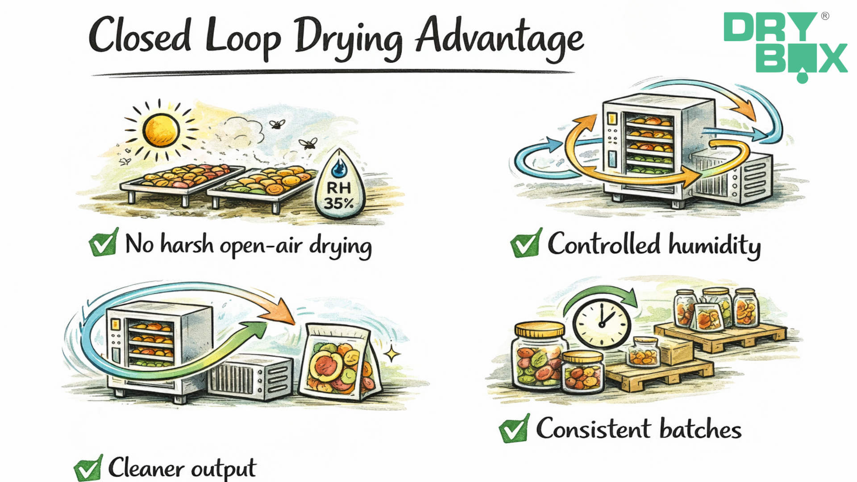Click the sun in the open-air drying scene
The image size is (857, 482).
(x=161, y=130)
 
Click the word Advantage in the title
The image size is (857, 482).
(x=499, y=38)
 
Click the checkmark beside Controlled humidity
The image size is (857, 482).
(x=526, y=244)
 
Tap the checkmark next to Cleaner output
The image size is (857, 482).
(x=88, y=468)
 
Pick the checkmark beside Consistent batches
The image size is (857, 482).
(x=514, y=429)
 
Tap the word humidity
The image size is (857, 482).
(x=714, y=245)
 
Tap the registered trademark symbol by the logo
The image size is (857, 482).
(x=825, y=16)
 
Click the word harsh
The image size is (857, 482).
(x=187, y=244)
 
